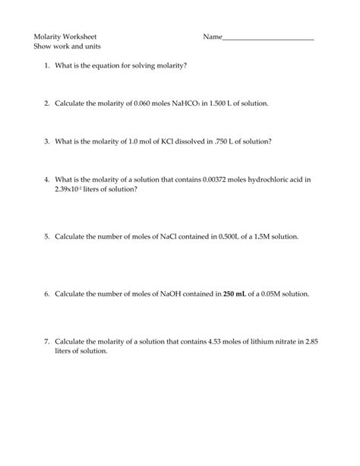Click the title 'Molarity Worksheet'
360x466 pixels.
point(65,36)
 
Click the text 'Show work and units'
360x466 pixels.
point(68,46)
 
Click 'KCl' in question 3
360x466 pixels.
point(171,141)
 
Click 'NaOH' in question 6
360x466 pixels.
point(171,293)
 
